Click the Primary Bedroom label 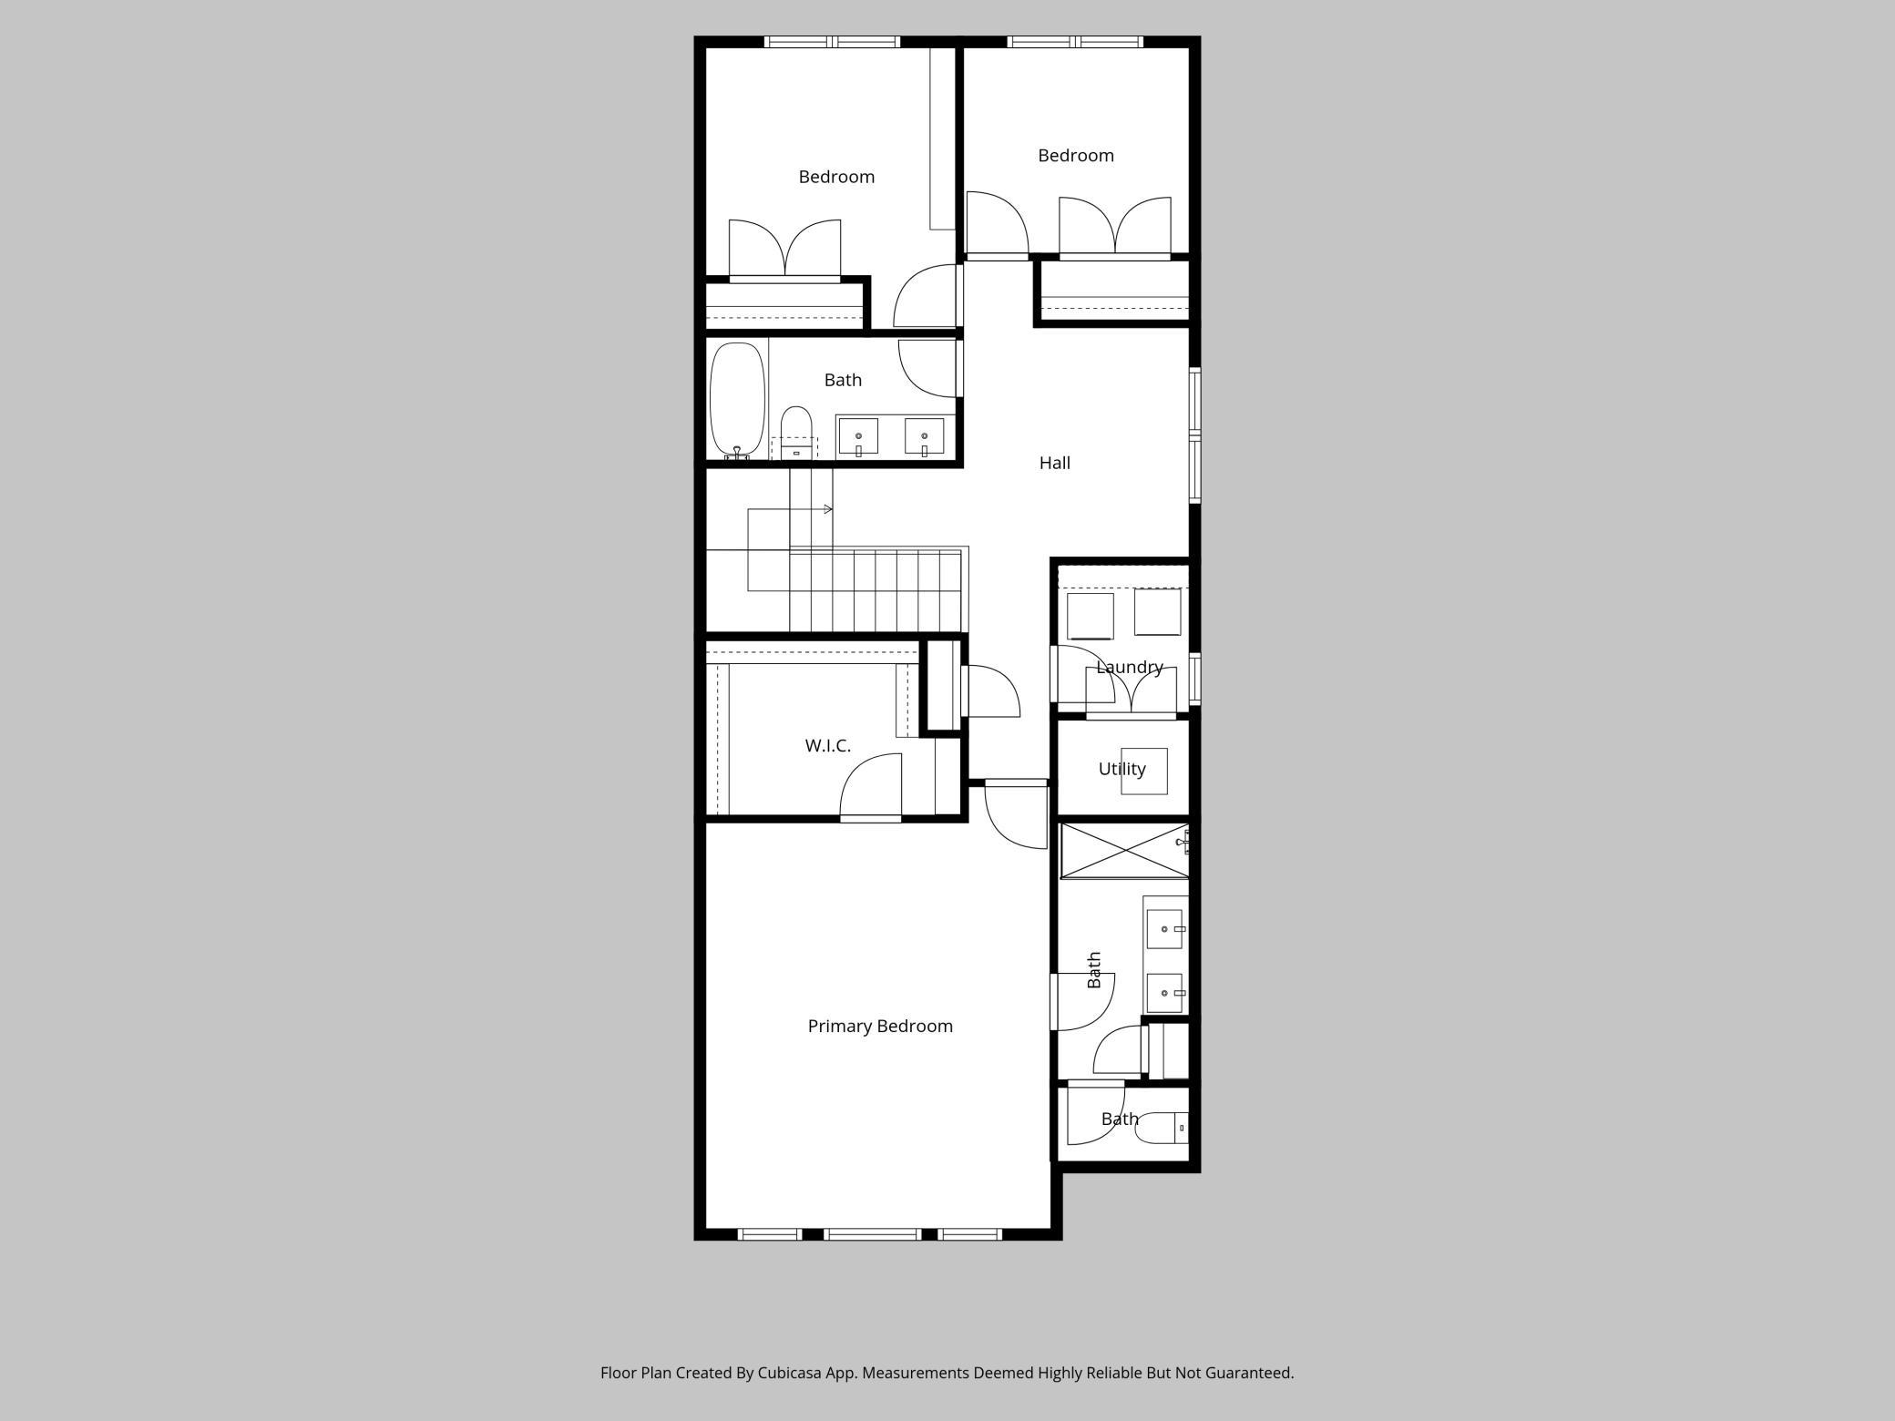(880, 1026)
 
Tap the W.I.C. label (827, 745)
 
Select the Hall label (1054, 463)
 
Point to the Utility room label (1122, 769)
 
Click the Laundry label (1130, 667)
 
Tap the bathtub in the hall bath (737, 399)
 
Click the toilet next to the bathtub (796, 432)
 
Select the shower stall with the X (1125, 852)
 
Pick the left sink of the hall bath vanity (858, 436)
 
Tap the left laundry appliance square (1090, 617)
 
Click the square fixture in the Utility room (1144, 771)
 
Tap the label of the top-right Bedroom (1076, 156)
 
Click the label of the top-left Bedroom (836, 177)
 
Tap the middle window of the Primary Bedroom (873, 1234)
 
